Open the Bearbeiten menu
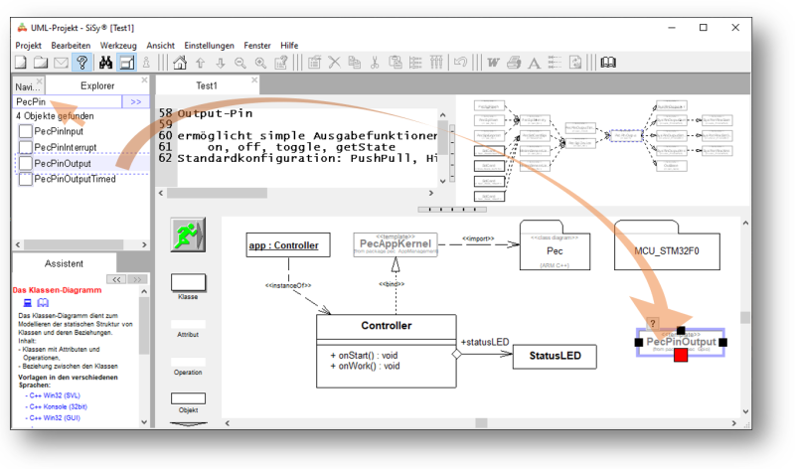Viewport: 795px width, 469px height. point(71,46)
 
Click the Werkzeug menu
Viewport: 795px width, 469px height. point(118,46)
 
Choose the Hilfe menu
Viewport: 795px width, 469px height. point(289,46)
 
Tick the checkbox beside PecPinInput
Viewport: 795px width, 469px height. point(26,131)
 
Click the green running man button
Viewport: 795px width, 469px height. point(187,236)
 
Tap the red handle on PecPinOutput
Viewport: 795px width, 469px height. point(681,355)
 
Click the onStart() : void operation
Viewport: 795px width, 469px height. point(367,353)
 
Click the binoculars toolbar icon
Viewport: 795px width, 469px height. point(105,63)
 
